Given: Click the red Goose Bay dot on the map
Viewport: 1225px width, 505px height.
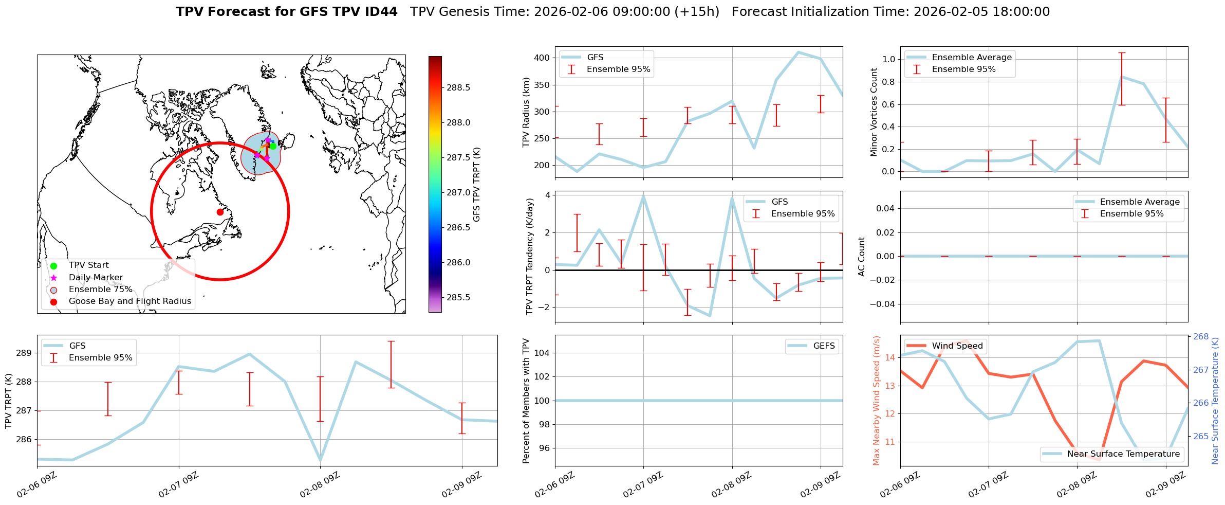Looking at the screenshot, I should pos(220,212).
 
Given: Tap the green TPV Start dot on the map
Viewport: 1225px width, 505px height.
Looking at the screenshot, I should pos(273,147).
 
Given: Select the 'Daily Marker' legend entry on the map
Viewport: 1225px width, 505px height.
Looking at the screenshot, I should pos(96,278).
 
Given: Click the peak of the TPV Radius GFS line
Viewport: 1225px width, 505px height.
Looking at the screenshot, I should pos(798,52).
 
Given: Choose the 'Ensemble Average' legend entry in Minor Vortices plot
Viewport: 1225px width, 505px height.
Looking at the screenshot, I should pos(971,58).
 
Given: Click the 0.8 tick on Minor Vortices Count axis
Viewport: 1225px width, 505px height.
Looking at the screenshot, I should pos(888,82).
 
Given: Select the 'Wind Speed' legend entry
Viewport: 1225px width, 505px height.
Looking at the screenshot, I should pos(957,346).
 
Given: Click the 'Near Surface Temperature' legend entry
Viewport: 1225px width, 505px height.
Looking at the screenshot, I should pos(1123,454).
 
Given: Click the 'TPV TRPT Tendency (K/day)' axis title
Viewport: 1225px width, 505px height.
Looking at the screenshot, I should pos(530,257).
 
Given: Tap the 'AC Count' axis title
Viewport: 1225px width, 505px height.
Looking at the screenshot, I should pos(862,257).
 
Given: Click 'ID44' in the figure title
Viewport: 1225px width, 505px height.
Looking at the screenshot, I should pos(379,12).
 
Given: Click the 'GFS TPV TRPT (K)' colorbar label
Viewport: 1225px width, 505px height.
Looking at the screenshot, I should pos(477,184).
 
